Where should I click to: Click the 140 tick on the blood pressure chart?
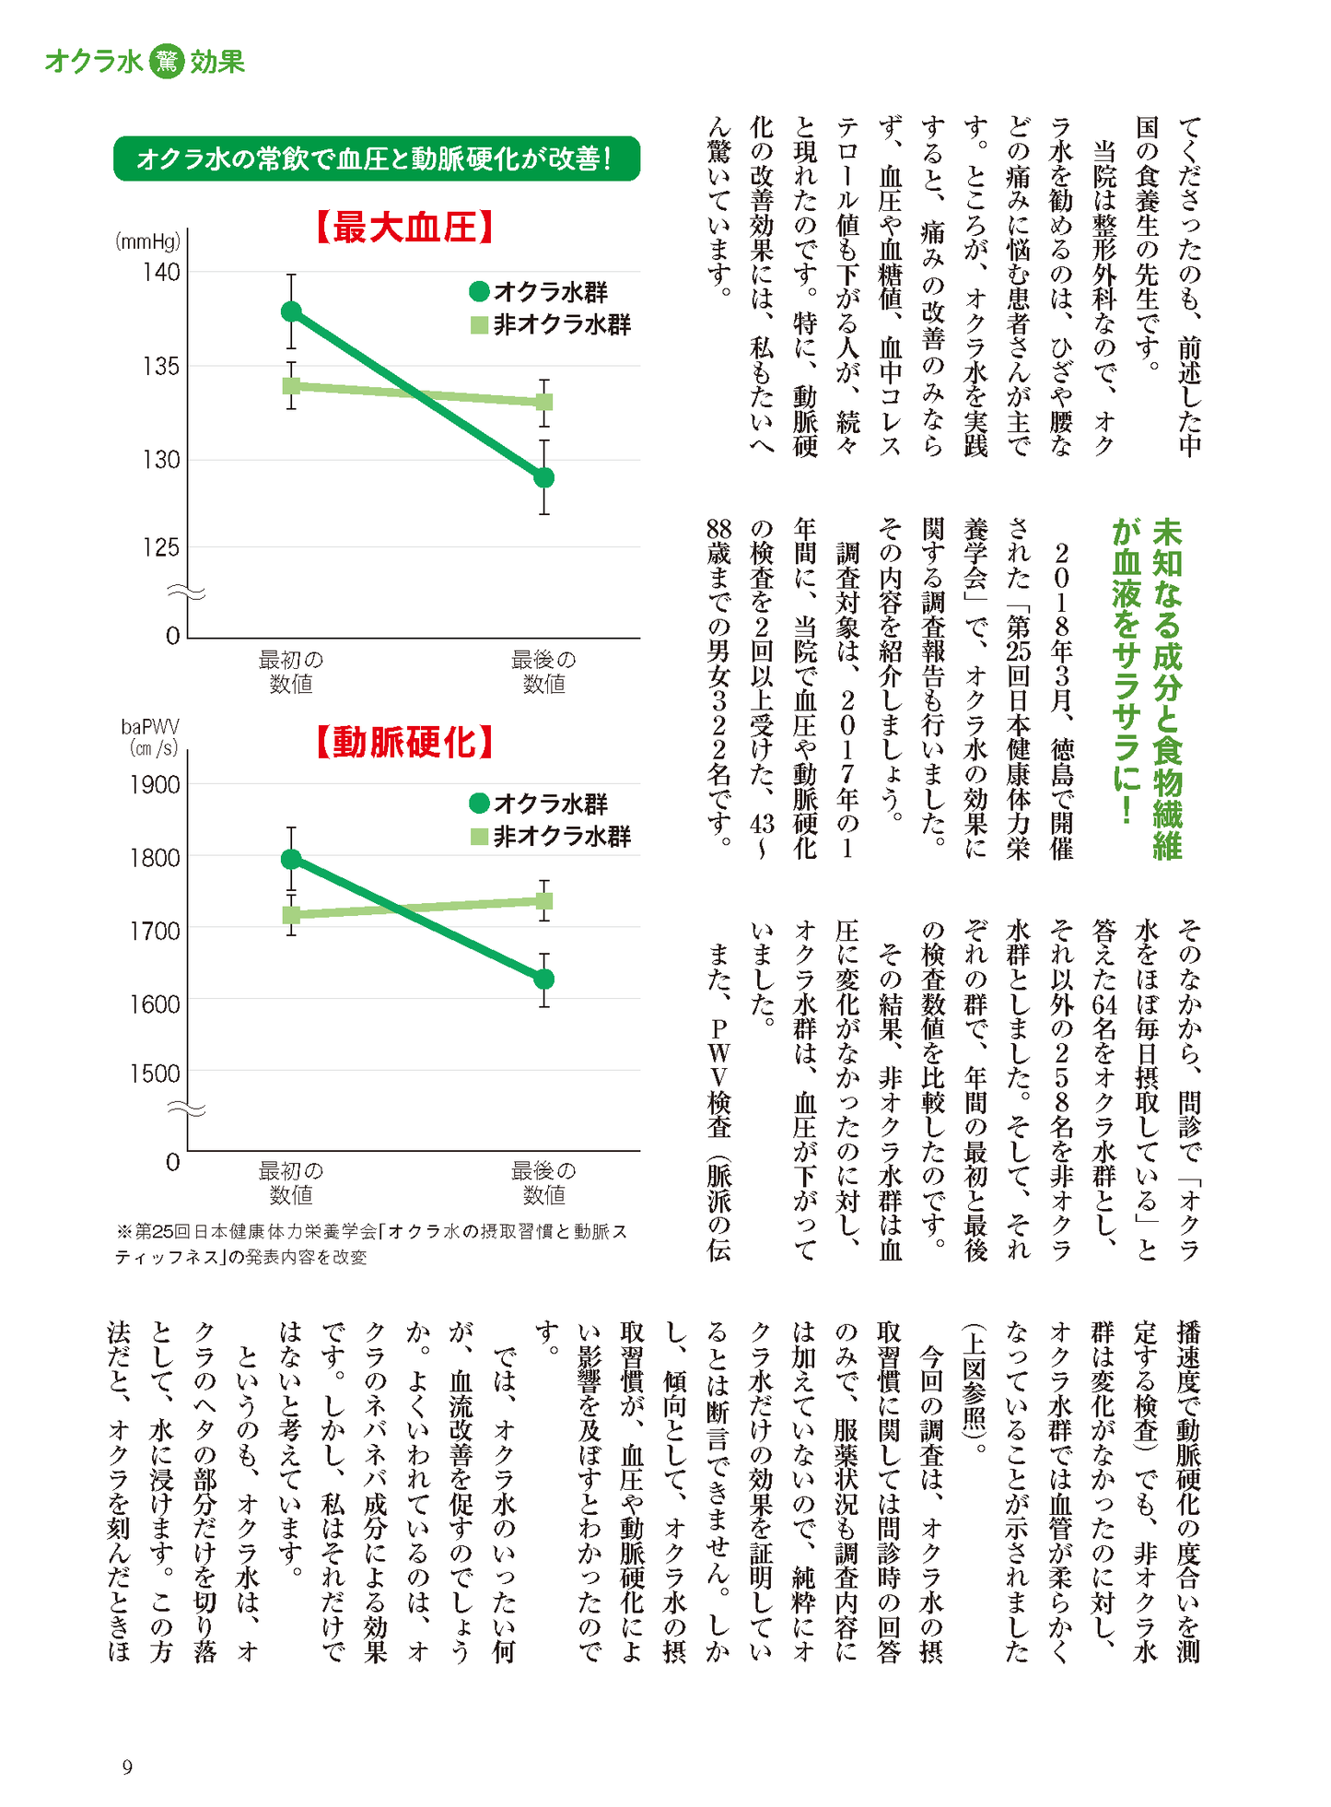coord(161,272)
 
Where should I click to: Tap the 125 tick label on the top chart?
coord(161,547)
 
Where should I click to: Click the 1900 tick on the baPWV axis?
coord(155,784)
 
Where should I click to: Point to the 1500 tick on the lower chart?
coord(155,1073)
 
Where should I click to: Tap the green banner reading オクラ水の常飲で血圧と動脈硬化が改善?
coord(376,158)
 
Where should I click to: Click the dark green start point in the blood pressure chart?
coord(291,311)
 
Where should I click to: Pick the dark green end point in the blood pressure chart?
coord(544,477)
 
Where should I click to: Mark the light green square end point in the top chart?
coord(544,402)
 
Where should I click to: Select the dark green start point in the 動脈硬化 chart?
coord(291,859)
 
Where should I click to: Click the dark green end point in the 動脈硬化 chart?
coord(544,979)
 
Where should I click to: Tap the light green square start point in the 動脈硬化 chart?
coord(291,915)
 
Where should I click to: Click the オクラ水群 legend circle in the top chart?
coord(479,292)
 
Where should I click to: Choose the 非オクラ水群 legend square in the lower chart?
coord(479,837)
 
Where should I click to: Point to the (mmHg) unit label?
coord(147,241)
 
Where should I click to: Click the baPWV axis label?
coord(150,727)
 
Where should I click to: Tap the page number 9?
coord(127,1766)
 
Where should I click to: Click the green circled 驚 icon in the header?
coord(167,62)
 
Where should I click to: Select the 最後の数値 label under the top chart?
coord(543,672)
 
